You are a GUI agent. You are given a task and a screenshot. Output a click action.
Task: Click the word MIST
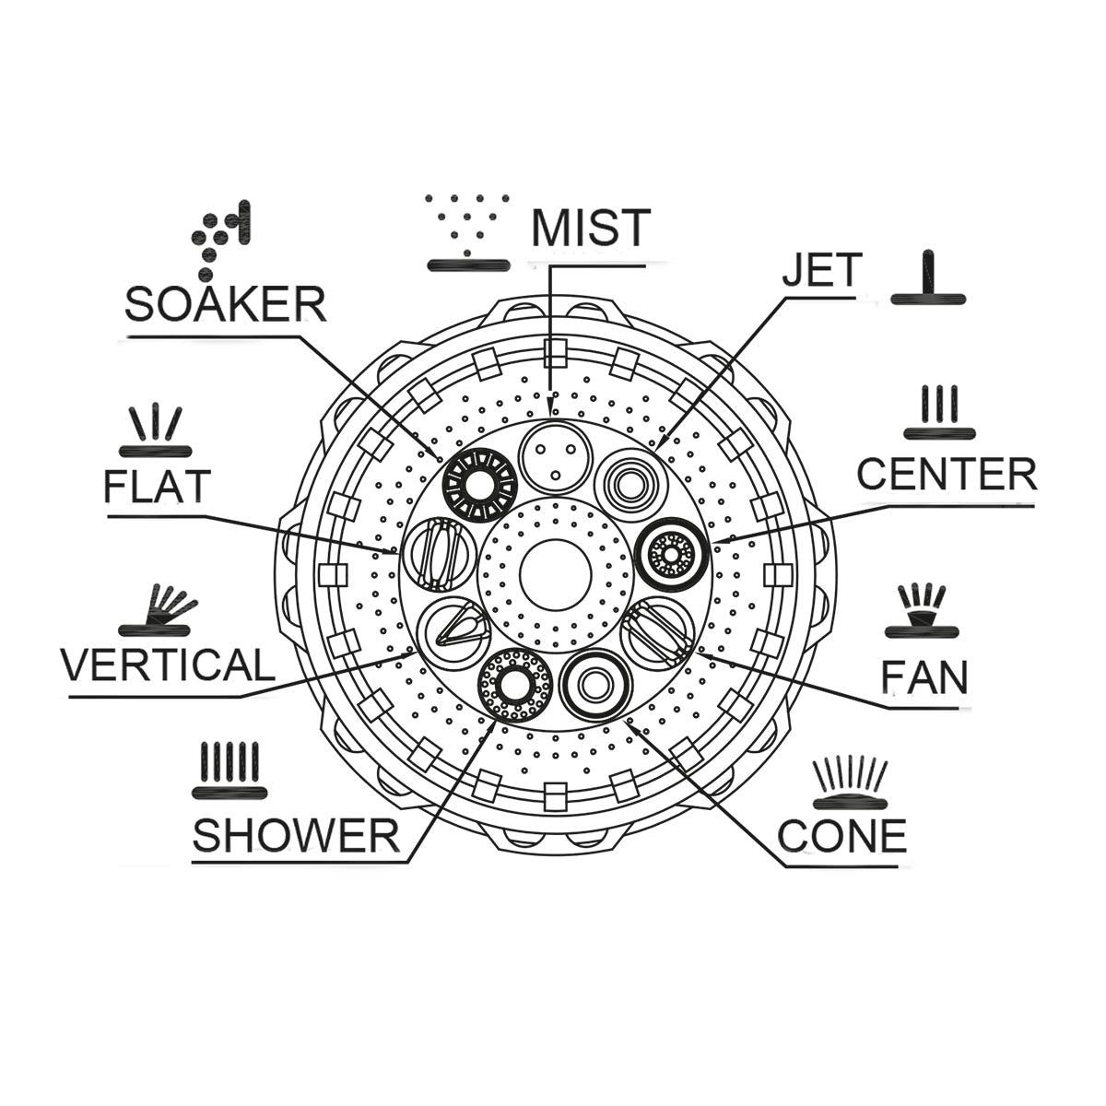tap(591, 227)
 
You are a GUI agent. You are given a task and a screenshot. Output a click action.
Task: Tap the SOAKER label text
tap(226, 305)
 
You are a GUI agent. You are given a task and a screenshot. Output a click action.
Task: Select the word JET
tap(822, 269)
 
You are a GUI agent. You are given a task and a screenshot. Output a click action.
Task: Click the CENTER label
tap(947, 474)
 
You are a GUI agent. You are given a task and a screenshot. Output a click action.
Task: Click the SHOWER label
tap(296, 834)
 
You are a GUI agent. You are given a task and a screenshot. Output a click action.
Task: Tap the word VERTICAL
tap(168, 665)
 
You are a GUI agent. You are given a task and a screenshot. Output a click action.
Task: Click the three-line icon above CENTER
tap(939, 412)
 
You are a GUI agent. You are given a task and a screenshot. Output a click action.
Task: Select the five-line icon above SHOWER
tap(229, 771)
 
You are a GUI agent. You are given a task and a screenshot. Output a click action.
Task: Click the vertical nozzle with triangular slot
tap(454, 631)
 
